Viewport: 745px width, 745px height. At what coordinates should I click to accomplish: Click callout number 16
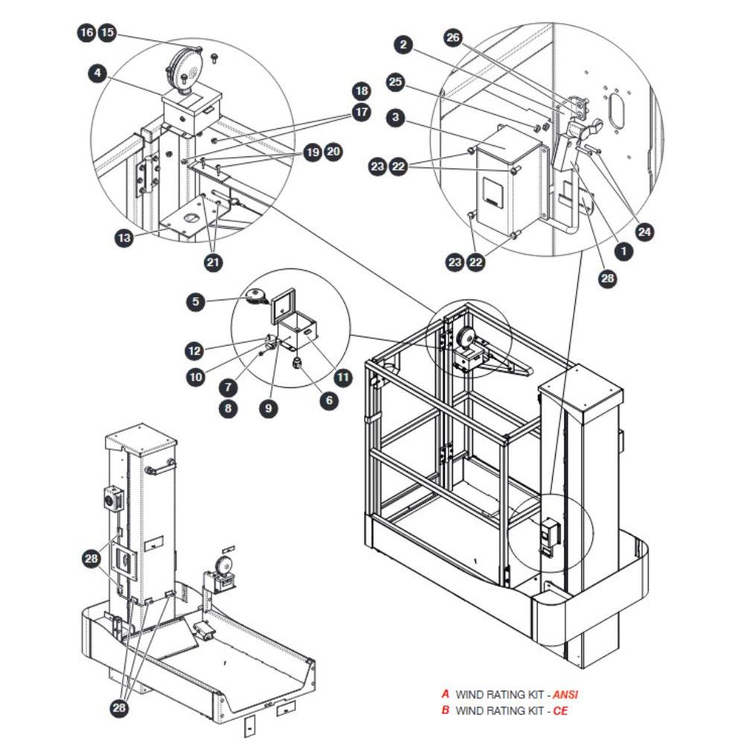pos(86,33)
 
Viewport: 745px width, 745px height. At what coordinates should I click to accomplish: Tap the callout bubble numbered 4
pos(98,73)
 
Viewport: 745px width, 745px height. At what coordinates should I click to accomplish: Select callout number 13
pos(124,238)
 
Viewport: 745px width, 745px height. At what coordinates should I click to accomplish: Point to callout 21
pos(213,262)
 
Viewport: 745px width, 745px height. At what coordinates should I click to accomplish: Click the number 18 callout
pos(361,91)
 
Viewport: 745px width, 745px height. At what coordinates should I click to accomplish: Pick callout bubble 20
pos(334,151)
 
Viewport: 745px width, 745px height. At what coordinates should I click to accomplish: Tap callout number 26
pos(453,37)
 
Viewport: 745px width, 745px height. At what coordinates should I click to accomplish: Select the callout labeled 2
pos(403,45)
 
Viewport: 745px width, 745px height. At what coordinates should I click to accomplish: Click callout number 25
pos(396,82)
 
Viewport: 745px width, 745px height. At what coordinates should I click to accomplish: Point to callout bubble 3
pos(396,118)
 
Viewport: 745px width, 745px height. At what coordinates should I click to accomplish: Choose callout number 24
pos(644,232)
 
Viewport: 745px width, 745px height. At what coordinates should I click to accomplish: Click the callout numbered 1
pos(624,251)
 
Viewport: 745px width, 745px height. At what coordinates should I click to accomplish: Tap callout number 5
pos(196,302)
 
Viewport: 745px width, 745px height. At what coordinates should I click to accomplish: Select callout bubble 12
pos(194,351)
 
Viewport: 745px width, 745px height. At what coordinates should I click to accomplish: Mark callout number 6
pos(329,401)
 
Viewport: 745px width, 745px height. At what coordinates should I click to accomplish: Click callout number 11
pos(343,378)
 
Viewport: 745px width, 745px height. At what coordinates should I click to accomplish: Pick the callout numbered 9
pos(268,408)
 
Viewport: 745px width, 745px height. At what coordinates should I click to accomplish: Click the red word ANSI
pos(565,694)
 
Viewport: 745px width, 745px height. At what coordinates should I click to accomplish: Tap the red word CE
pos(560,711)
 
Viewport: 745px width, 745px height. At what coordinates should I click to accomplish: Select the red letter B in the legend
pos(446,710)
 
